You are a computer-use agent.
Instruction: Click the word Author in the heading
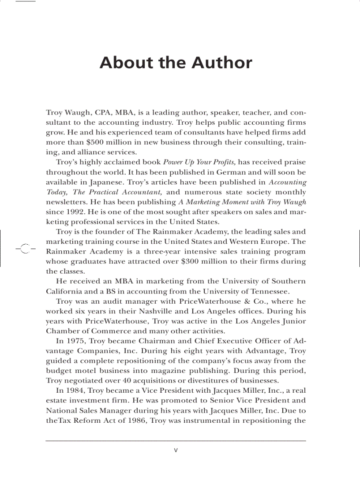[222, 63]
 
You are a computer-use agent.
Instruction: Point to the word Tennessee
[269, 291]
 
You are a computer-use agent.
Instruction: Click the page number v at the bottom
[176, 450]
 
